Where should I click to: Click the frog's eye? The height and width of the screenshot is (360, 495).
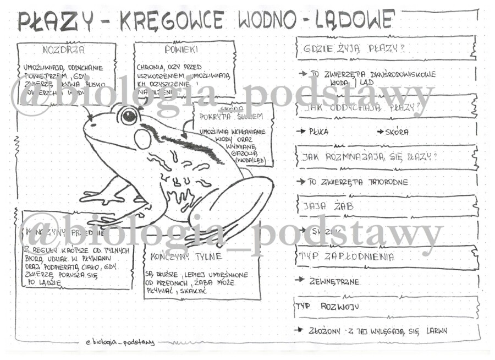(x=129, y=115)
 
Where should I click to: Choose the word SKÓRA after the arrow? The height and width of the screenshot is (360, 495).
(x=397, y=132)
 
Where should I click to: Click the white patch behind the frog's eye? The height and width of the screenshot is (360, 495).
(x=143, y=139)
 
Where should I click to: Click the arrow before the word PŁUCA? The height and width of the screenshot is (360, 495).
(x=300, y=132)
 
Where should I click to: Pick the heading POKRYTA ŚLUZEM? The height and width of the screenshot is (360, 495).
(x=232, y=117)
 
